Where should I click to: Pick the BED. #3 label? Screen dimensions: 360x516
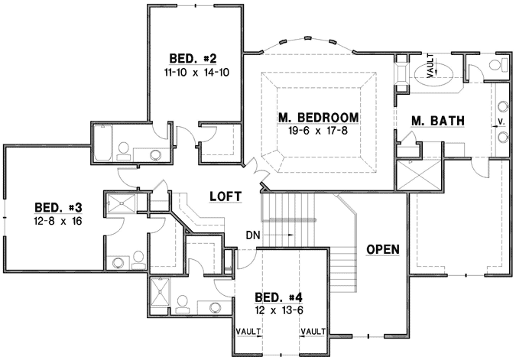point(58,207)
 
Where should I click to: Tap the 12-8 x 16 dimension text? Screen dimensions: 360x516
point(58,221)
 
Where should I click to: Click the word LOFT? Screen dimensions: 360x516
point(226,196)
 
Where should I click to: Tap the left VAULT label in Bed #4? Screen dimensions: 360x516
point(249,332)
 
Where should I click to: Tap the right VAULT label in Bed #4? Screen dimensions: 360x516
point(313,332)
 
